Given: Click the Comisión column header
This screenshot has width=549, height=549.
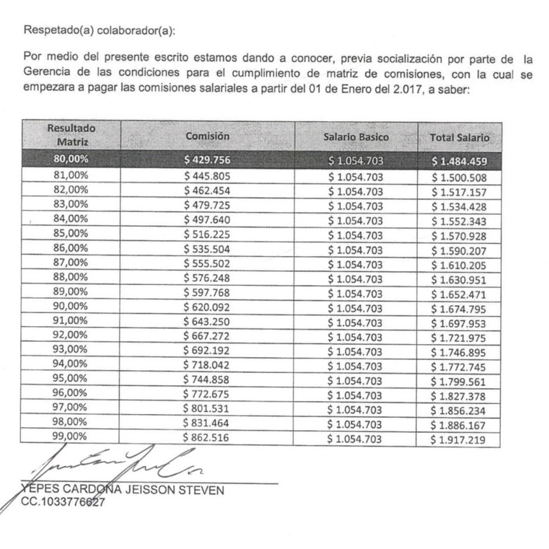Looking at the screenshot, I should [x=207, y=137].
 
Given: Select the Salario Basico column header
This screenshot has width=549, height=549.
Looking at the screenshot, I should [x=356, y=137].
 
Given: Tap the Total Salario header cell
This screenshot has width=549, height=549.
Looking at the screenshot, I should [x=459, y=138].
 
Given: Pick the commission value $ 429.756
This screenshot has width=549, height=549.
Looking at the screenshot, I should [x=207, y=160].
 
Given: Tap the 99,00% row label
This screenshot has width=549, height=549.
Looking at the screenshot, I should [x=71, y=437].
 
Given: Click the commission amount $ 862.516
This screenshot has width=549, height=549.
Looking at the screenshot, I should [x=207, y=438].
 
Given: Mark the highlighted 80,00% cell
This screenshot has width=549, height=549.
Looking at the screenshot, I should [x=71, y=160].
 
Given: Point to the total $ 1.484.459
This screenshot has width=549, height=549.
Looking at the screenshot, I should [x=459, y=162].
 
